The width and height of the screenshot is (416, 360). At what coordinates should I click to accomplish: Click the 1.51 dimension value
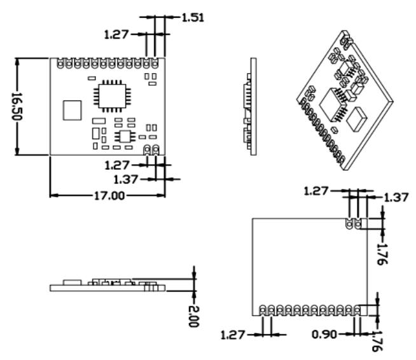click(x=193, y=18)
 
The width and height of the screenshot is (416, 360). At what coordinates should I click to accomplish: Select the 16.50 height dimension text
click(x=17, y=106)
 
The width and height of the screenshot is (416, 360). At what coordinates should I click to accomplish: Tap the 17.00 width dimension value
click(x=109, y=196)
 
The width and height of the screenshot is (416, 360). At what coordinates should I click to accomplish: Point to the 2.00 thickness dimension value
click(x=193, y=316)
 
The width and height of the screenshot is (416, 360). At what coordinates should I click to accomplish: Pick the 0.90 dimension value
click(x=324, y=335)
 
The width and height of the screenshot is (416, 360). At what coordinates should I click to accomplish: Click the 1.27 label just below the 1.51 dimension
click(x=116, y=34)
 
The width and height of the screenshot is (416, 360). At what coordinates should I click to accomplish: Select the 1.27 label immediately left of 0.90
click(x=233, y=335)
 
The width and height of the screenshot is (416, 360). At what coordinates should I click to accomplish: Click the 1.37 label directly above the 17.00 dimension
click(x=126, y=179)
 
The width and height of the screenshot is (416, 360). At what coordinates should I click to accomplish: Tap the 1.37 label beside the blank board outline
click(x=396, y=198)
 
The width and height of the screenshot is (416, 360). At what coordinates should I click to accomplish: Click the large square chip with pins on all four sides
click(x=112, y=96)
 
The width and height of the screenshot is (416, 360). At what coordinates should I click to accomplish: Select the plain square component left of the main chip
click(x=72, y=110)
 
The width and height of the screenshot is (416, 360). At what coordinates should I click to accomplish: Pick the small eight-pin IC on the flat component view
click(x=125, y=136)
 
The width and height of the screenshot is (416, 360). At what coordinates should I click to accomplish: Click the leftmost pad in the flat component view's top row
click(x=60, y=63)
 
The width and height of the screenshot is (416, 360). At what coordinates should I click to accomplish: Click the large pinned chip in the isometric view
click(x=333, y=104)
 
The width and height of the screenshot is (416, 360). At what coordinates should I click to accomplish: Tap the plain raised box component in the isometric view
click(x=356, y=119)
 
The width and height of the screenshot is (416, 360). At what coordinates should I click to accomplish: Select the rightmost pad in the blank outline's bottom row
click(x=357, y=310)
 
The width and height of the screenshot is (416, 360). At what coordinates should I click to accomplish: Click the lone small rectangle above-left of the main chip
click(x=92, y=78)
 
